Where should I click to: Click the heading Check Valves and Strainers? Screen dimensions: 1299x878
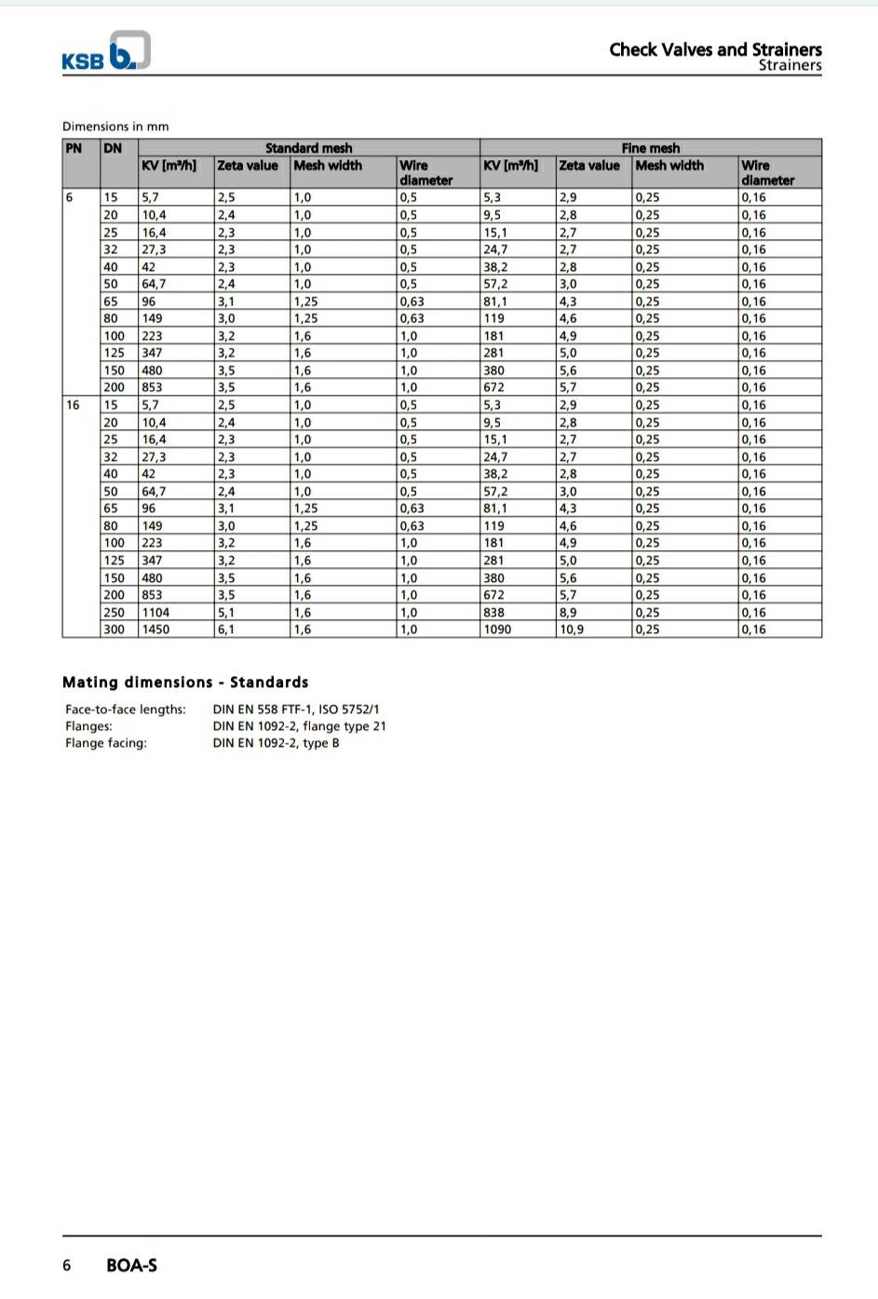pyautogui.click(x=715, y=49)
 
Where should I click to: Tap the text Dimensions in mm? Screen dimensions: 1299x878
pyautogui.click(x=115, y=127)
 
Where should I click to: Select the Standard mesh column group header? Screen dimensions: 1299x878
pyautogui.click(x=308, y=148)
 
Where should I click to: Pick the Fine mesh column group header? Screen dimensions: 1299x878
pyautogui.click(x=650, y=148)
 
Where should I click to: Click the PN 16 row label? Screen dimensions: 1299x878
pyautogui.click(x=73, y=405)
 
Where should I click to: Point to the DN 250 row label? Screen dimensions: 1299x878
pyautogui.click(x=112, y=612)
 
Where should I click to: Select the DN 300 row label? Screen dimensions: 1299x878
pyautogui.click(x=112, y=629)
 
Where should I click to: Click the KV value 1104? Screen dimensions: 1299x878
pyautogui.click(x=155, y=612)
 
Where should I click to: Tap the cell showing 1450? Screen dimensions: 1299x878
pyautogui.click(x=155, y=629)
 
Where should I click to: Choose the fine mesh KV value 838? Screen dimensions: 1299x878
pyautogui.click(x=493, y=612)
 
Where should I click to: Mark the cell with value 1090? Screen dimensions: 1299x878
pyautogui.click(x=497, y=629)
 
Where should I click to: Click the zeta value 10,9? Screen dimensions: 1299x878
pyautogui.click(x=572, y=629)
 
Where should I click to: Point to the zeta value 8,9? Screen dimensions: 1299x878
pyautogui.click(x=568, y=612)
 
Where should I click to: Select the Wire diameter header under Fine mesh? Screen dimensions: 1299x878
pyautogui.click(x=767, y=172)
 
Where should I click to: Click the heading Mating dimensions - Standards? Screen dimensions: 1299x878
pyautogui.click(x=185, y=682)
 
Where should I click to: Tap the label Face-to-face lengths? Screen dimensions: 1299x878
pyautogui.click(x=126, y=710)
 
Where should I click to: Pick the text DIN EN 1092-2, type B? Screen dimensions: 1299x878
pyautogui.click(x=276, y=743)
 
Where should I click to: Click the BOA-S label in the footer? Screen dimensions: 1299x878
pyautogui.click(x=131, y=1265)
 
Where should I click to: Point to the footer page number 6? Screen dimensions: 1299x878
pyautogui.click(x=66, y=1265)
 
